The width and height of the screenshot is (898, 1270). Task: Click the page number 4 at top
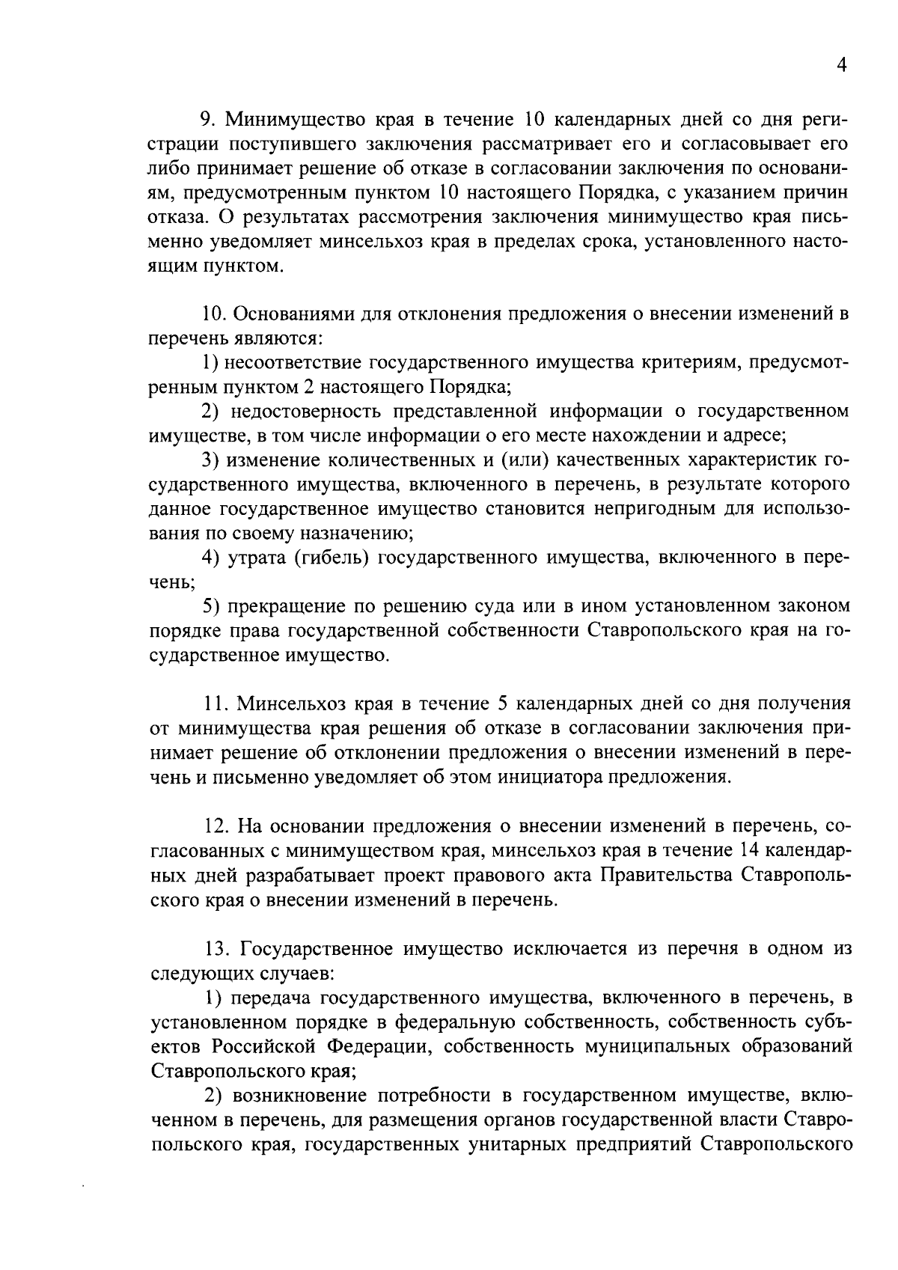pos(841,67)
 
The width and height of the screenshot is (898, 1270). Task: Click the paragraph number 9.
pos(207,120)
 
